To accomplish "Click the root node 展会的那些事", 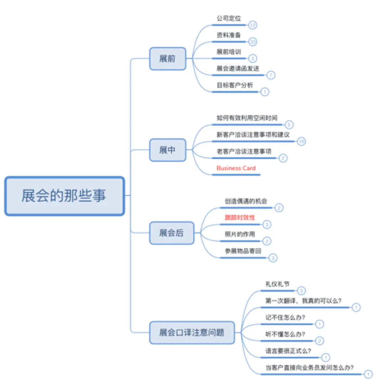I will point(64,196).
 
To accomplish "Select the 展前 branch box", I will point(167,58).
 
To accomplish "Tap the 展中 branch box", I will point(167,150).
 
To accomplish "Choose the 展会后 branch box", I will point(172,233).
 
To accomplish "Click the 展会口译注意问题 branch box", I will point(192,333).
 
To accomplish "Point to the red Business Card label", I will point(236,168).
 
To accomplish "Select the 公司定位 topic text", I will point(229,18).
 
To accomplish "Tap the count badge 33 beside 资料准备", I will point(253,42).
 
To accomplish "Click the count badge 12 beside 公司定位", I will point(253,25).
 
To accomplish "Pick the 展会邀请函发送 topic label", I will point(238,68).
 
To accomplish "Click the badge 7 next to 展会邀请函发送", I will point(271,75).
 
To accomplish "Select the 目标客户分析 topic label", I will point(235,85).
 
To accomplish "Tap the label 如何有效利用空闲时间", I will point(247,118).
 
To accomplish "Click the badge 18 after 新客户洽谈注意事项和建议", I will point(302,142).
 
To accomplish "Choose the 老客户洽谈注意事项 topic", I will point(244,151).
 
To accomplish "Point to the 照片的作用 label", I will point(240,234).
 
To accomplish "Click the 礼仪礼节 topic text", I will point(277,284).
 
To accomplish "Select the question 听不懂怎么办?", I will point(285,334).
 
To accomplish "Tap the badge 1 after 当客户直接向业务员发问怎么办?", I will point(368,374).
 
